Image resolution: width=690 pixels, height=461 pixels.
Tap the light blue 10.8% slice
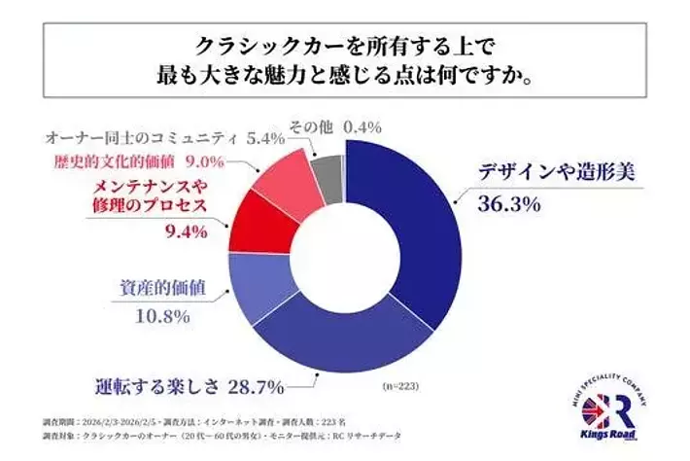click(255, 282)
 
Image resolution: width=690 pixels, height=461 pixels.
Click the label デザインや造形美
click(554, 174)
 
